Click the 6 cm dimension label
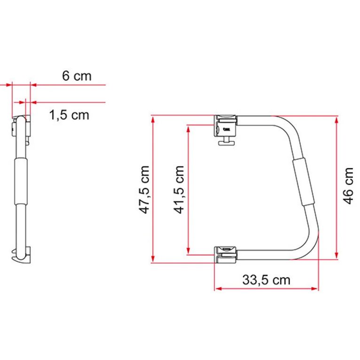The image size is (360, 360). point(77,76)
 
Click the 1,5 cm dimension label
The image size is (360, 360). point(69,114)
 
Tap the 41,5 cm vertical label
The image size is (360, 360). point(179,189)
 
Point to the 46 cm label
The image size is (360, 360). point(348,187)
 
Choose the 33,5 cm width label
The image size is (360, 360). point(266,280)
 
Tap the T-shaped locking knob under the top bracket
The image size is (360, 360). point(227,141)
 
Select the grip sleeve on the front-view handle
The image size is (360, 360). point(302,182)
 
